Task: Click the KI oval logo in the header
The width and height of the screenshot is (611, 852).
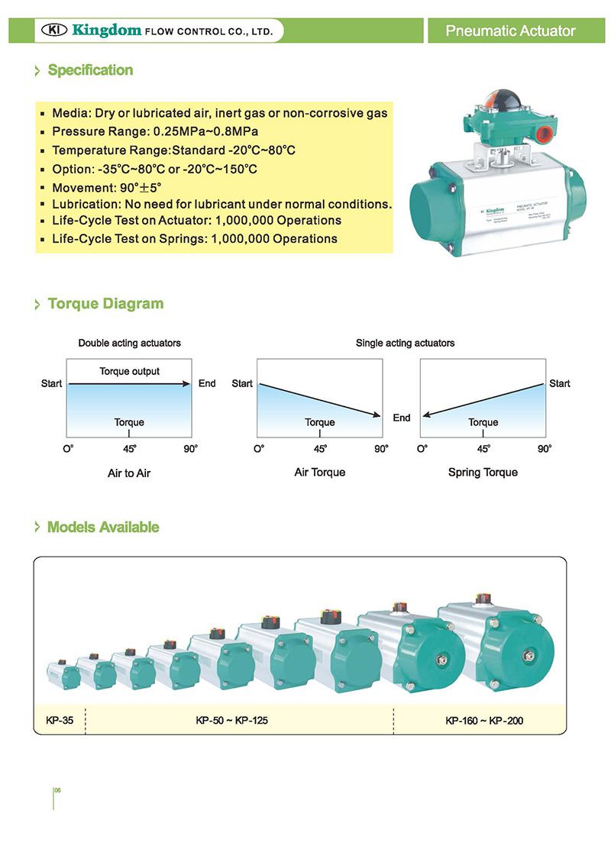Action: (53, 31)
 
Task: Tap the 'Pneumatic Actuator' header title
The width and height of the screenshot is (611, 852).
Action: (510, 31)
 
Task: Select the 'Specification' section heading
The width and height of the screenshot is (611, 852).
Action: (90, 70)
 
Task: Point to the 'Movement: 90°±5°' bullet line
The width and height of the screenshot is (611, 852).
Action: (107, 187)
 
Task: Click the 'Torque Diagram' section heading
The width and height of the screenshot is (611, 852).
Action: (105, 304)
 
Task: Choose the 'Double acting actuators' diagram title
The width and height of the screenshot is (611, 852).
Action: (129, 344)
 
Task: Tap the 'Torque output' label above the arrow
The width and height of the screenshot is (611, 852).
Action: (129, 372)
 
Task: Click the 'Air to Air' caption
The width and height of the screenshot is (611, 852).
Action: (129, 473)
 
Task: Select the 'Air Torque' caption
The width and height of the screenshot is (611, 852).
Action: (320, 473)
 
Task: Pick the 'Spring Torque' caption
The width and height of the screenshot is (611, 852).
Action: (483, 473)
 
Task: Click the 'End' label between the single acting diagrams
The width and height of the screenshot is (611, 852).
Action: (402, 418)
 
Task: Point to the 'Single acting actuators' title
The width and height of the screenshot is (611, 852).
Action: (405, 344)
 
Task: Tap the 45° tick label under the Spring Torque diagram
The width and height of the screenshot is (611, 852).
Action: (483, 449)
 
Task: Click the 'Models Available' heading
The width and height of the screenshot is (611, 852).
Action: (103, 528)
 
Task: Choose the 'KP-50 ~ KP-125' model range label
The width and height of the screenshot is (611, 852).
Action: (231, 720)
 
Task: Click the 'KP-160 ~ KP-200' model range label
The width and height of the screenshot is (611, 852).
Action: (484, 720)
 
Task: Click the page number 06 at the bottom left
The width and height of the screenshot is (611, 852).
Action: (57, 790)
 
